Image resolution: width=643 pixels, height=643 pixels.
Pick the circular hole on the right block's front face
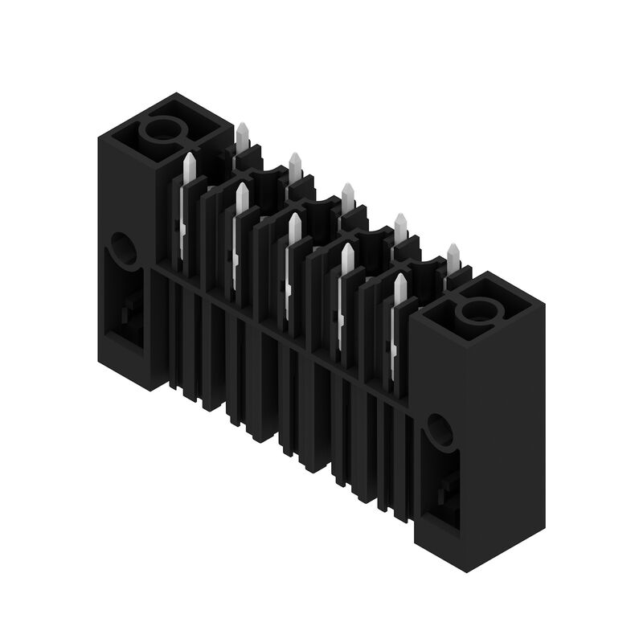point(439,431)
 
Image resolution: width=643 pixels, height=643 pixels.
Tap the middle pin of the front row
point(294,229)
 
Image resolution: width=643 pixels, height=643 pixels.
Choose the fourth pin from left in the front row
point(346,259)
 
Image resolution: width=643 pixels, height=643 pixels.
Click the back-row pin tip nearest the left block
point(242,136)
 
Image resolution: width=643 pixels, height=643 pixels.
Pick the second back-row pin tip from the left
point(295,166)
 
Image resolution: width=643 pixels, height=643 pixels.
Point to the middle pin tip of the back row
point(348,196)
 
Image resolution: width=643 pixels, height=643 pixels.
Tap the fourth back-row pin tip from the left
point(400,226)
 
